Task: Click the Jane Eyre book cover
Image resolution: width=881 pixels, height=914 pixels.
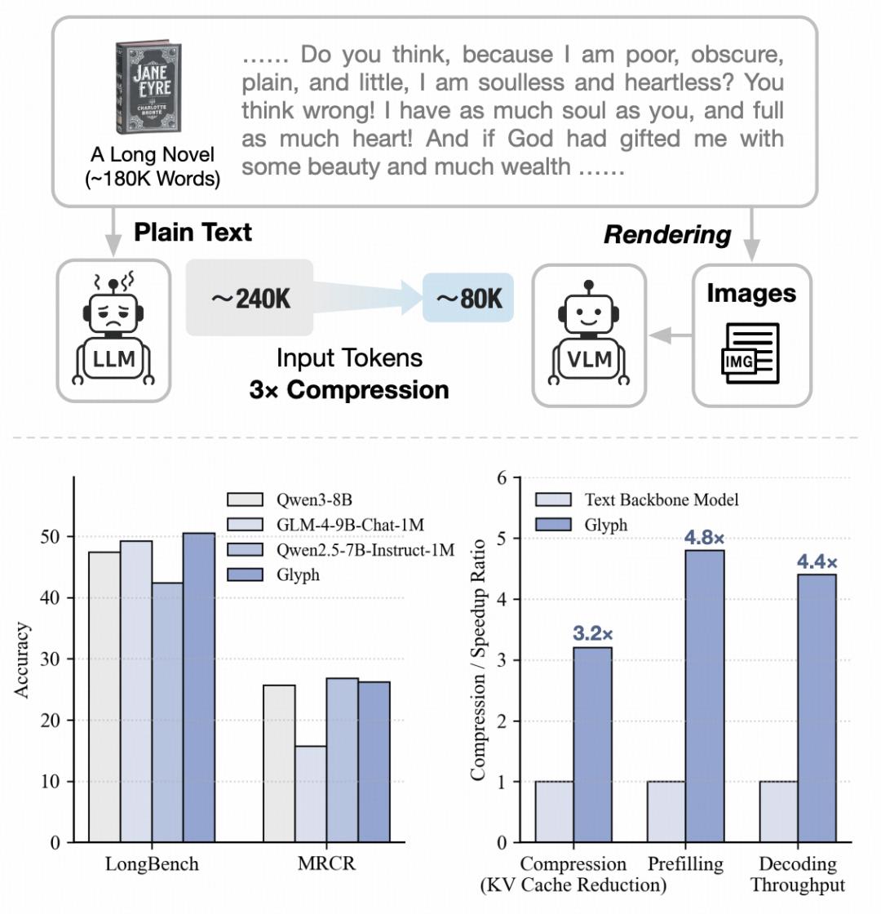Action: (148, 88)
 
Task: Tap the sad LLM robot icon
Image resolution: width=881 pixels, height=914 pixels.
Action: (114, 330)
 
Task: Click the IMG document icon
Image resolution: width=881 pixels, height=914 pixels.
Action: (750, 353)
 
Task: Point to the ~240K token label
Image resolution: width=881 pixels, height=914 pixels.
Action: (250, 299)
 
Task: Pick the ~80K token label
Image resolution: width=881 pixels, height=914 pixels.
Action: (468, 299)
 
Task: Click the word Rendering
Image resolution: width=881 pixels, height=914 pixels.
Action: (667, 235)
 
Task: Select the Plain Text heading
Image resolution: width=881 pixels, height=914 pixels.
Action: (193, 232)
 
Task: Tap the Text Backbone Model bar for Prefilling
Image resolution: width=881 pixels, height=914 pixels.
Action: (666, 811)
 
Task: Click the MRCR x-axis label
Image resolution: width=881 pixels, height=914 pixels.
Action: (326, 863)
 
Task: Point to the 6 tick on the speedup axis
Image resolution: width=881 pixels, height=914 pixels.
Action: (503, 477)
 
